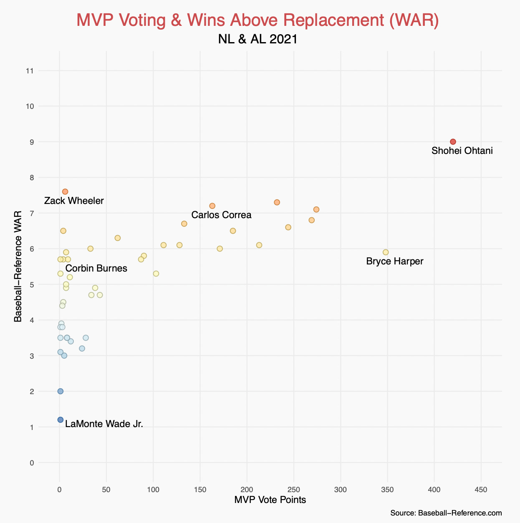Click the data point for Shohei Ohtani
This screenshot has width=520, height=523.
click(453, 142)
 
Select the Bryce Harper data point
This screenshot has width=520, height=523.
click(386, 252)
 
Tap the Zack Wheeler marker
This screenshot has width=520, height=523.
click(65, 191)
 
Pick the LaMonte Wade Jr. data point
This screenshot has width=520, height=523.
click(60, 420)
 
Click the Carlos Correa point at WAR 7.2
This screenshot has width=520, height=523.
click(212, 206)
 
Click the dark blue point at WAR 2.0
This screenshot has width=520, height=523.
click(60, 391)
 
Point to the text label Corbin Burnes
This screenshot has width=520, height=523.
click(96, 268)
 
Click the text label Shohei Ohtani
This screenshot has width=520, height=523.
click(462, 151)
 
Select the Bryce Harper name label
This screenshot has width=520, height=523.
click(394, 261)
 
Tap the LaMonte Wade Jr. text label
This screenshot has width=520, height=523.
click(104, 424)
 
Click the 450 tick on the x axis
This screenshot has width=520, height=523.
click(481, 490)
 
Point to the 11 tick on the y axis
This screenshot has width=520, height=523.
click(30, 71)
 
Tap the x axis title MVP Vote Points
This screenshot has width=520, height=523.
click(270, 500)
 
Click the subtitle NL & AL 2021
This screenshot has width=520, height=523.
click(257, 39)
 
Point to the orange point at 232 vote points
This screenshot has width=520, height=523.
click(277, 202)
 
